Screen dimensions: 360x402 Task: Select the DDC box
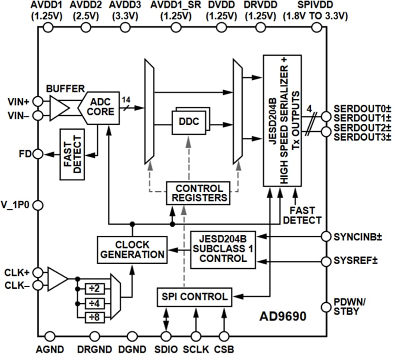click(189, 121)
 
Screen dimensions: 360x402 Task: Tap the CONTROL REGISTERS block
click(198, 193)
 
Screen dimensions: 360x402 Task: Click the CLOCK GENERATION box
click(132, 249)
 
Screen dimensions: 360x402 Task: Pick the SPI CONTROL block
click(194, 297)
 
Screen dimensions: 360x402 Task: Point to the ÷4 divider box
click(94, 303)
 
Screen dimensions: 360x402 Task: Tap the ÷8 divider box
click(94, 317)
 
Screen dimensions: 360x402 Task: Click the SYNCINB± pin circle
click(326, 236)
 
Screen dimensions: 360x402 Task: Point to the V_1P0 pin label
click(16, 206)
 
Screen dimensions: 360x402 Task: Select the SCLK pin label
click(193, 350)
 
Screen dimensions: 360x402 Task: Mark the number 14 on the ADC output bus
click(126, 99)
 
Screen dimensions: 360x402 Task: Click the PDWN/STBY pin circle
click(326, 307)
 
